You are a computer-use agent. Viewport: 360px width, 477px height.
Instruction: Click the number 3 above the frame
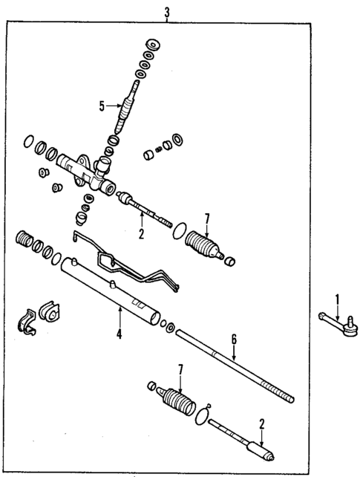167,10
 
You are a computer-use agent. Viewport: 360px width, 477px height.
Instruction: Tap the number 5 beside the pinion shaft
102,105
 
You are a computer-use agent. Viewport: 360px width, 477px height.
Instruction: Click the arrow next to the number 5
113,105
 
